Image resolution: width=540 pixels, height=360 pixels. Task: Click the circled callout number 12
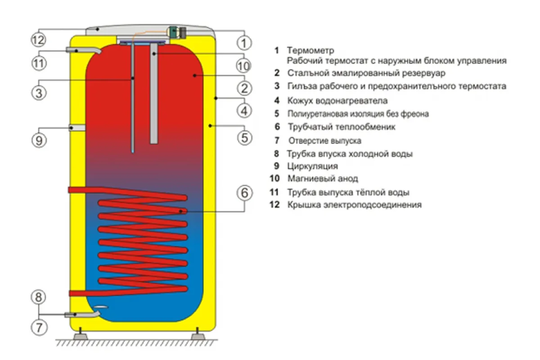(39, 40)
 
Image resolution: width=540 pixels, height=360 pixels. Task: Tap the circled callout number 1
(244, 43)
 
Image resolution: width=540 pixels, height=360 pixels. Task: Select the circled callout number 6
(243, 193)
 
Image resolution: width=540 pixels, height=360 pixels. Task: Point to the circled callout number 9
(39, 140)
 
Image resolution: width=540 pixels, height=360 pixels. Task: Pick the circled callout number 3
(39, 93)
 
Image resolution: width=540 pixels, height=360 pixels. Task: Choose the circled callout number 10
(243, 66)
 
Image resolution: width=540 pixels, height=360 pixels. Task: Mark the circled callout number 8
(39, 297)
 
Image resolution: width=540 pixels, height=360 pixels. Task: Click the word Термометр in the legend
(310, 50)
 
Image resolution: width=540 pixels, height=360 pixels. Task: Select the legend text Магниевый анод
(323, 179)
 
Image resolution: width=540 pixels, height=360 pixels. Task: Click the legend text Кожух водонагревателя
(337, 101)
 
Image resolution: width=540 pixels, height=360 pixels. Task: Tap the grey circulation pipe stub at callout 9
(77, 128)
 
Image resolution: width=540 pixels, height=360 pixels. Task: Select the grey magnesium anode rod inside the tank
(154, 94)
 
